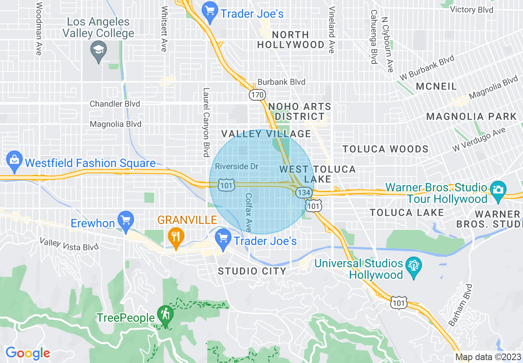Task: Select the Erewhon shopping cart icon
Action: pyautogui.click(x=125, y=221)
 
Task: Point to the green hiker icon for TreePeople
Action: pyautogui.click(x=165, y=315)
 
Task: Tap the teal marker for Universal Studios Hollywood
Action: pyautogui.click(x=413, y=267)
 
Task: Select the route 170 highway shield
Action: pyautogui.click(x=256, y=95)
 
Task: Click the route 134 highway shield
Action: pyautogui.click(x=304, y=193)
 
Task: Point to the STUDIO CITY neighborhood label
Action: pyautogui.click(x=252, y=271)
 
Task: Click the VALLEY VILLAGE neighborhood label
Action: pyautogui.click(x=266, y=134)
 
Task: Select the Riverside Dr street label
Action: pyautogui.click(x=237, y=167)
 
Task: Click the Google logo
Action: pyautogui.click(x=28, y=354)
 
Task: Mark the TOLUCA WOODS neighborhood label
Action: pyautogui.click(x=385, y=149)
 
